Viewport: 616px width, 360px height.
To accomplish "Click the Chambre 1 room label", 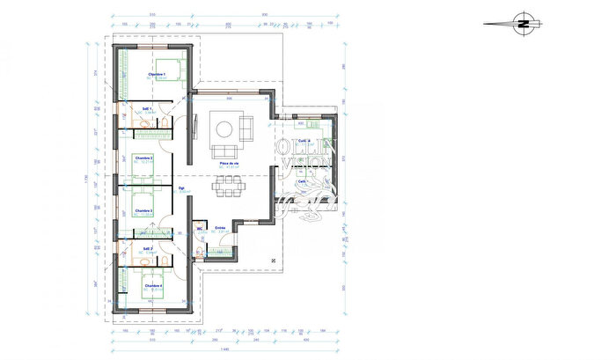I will tap(158, 75).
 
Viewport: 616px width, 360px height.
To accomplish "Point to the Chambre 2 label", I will tap(144, 158).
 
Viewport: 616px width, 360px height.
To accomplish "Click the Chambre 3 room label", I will tap(144, 211).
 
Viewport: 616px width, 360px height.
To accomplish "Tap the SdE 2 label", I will tap(148, 249).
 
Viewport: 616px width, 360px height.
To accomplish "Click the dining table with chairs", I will tap(231, 186).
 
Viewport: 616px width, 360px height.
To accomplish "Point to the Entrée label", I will tap(221, 227).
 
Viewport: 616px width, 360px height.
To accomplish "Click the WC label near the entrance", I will tap(201, 227).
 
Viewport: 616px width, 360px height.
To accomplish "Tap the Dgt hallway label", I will tap(181, 187).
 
